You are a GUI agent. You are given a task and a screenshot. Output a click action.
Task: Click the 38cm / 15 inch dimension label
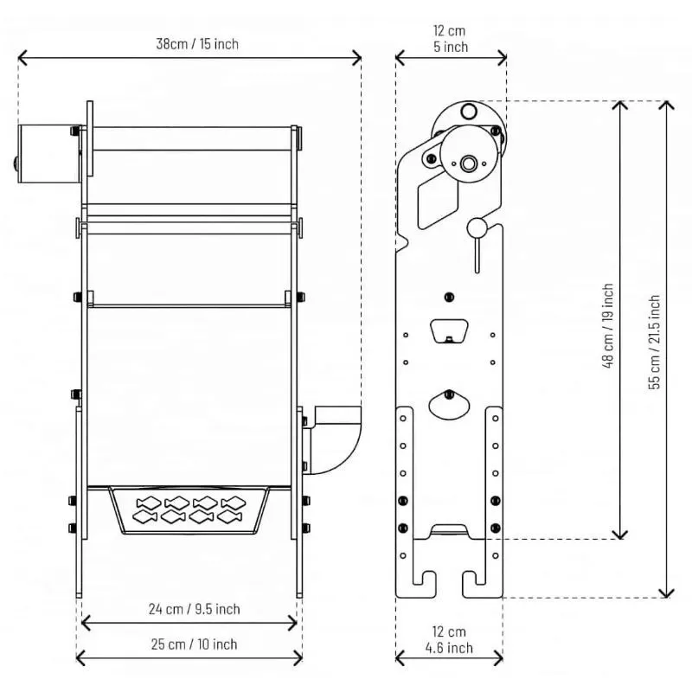tap(189, 43)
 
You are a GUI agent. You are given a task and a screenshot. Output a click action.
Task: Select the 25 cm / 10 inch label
tap(189, 644)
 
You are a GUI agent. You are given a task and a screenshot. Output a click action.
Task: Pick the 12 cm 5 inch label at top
tap(450, 39)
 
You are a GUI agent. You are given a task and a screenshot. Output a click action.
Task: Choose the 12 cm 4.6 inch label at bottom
tap(449, 640)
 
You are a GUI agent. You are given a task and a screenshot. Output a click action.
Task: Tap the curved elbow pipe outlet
tap(338, 439)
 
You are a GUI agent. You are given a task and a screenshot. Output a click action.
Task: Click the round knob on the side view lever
tap(477, 227)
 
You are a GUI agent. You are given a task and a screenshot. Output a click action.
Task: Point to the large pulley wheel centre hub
tap(469, 163)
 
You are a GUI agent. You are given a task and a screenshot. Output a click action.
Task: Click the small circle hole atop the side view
tap(468, 111)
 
